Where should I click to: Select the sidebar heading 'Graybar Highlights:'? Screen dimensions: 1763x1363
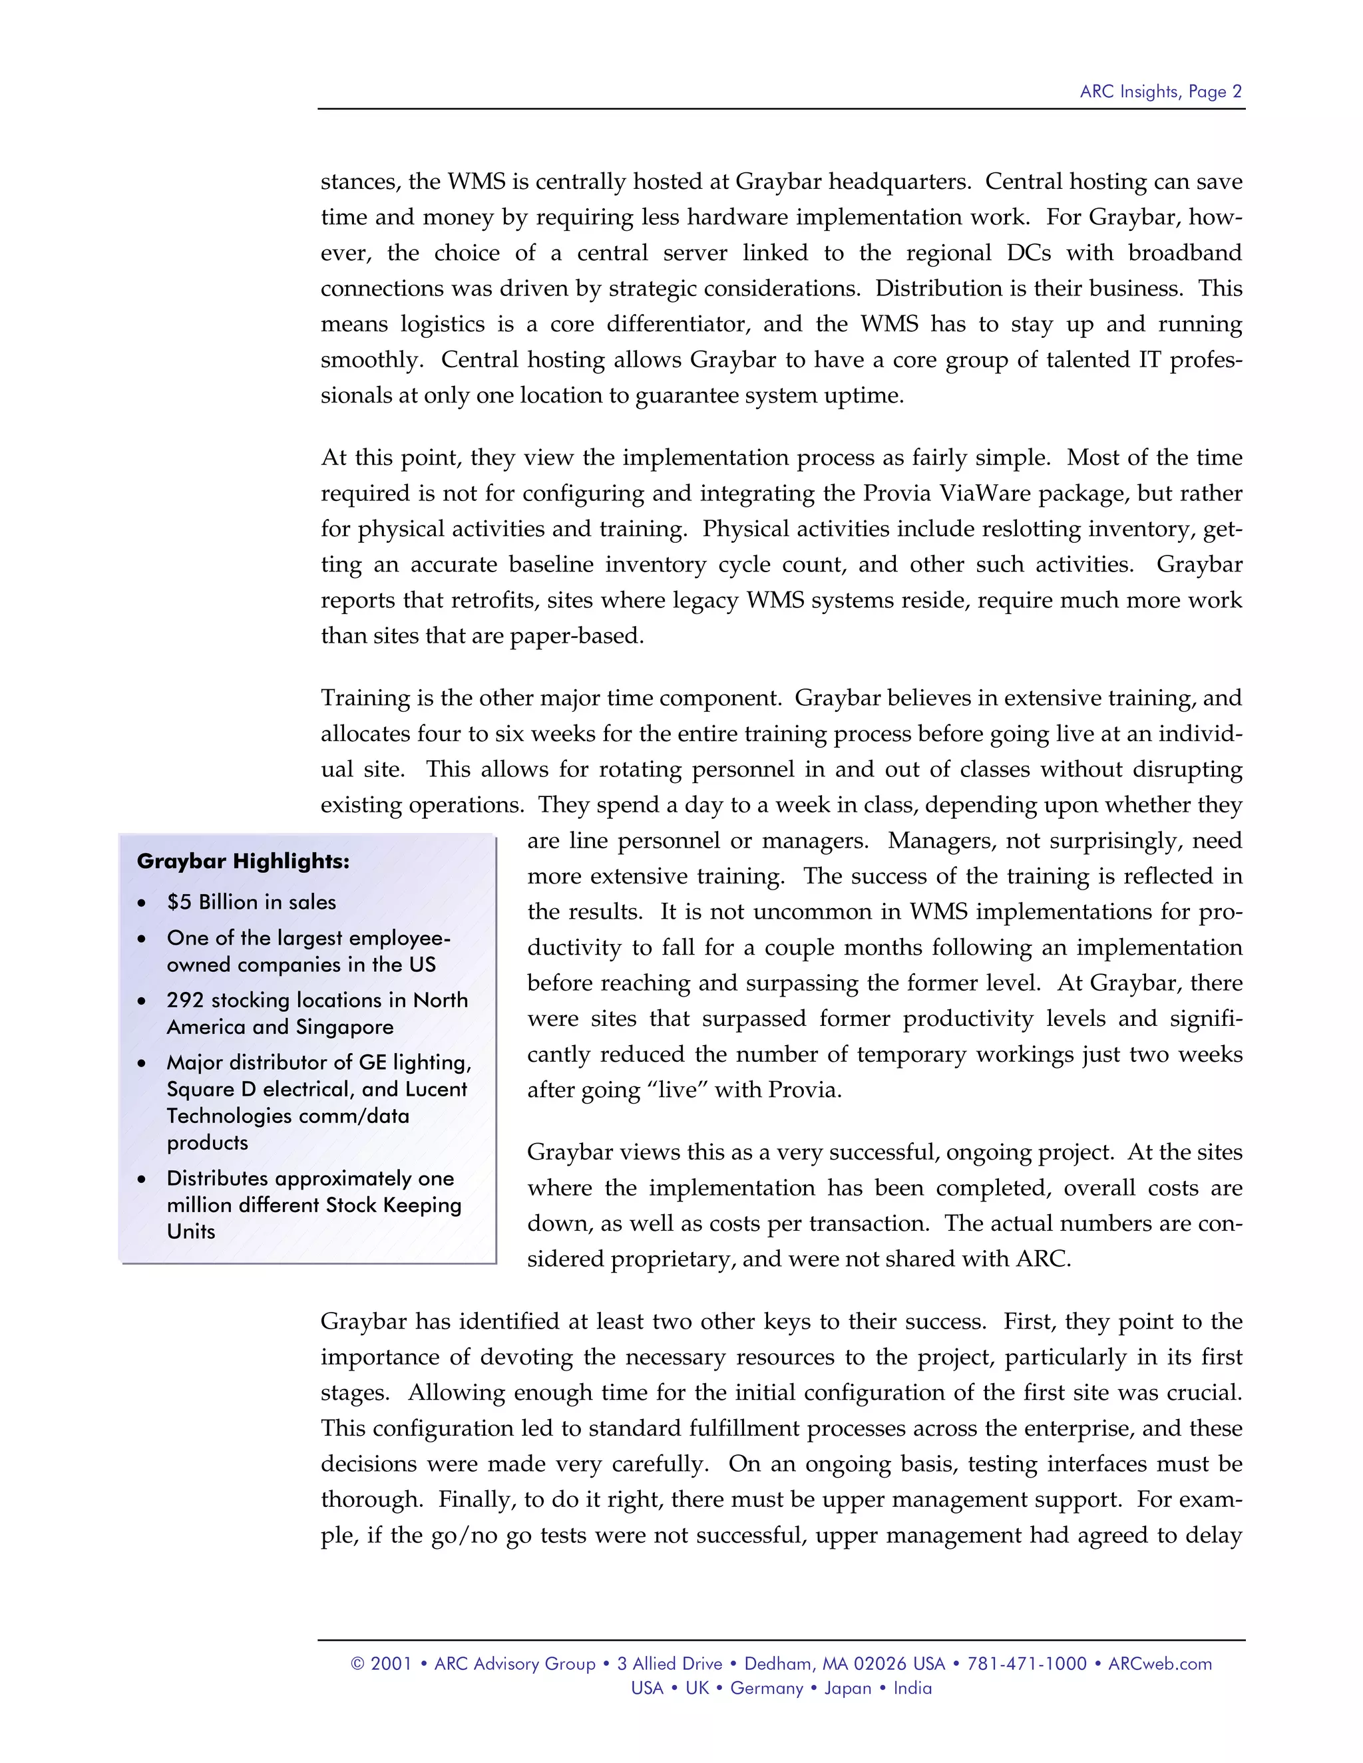[243, 862]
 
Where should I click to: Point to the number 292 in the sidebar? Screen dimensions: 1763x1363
[185, 1000]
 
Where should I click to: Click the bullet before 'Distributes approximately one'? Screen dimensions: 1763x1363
[142, 1180]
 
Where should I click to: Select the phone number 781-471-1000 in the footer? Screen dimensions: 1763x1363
[1026, 1664]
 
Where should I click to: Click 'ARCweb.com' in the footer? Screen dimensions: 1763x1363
[1159, 1664]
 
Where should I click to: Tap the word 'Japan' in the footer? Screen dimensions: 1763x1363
[847, 1688]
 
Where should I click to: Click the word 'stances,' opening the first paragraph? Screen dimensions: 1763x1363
[361, 182]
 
